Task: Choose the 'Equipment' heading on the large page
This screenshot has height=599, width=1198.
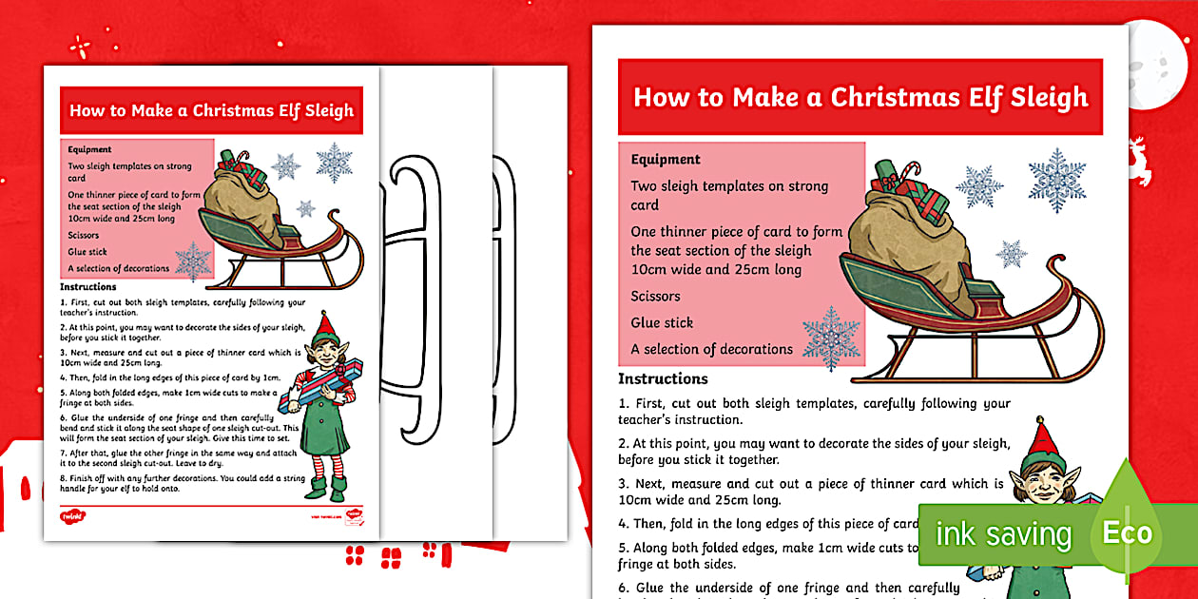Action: tap(666, 160)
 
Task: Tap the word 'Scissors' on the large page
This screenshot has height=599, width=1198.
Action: tap(655, 296)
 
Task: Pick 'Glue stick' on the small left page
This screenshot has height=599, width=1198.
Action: tap(87, 252)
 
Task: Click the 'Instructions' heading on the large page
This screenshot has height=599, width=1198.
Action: tap(663, 378)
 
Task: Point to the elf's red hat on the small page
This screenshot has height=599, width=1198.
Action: tap(327, 326)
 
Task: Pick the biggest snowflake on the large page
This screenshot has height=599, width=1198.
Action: tap(1056, 180)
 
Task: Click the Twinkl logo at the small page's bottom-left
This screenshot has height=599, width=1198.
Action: tap(74, 515)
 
